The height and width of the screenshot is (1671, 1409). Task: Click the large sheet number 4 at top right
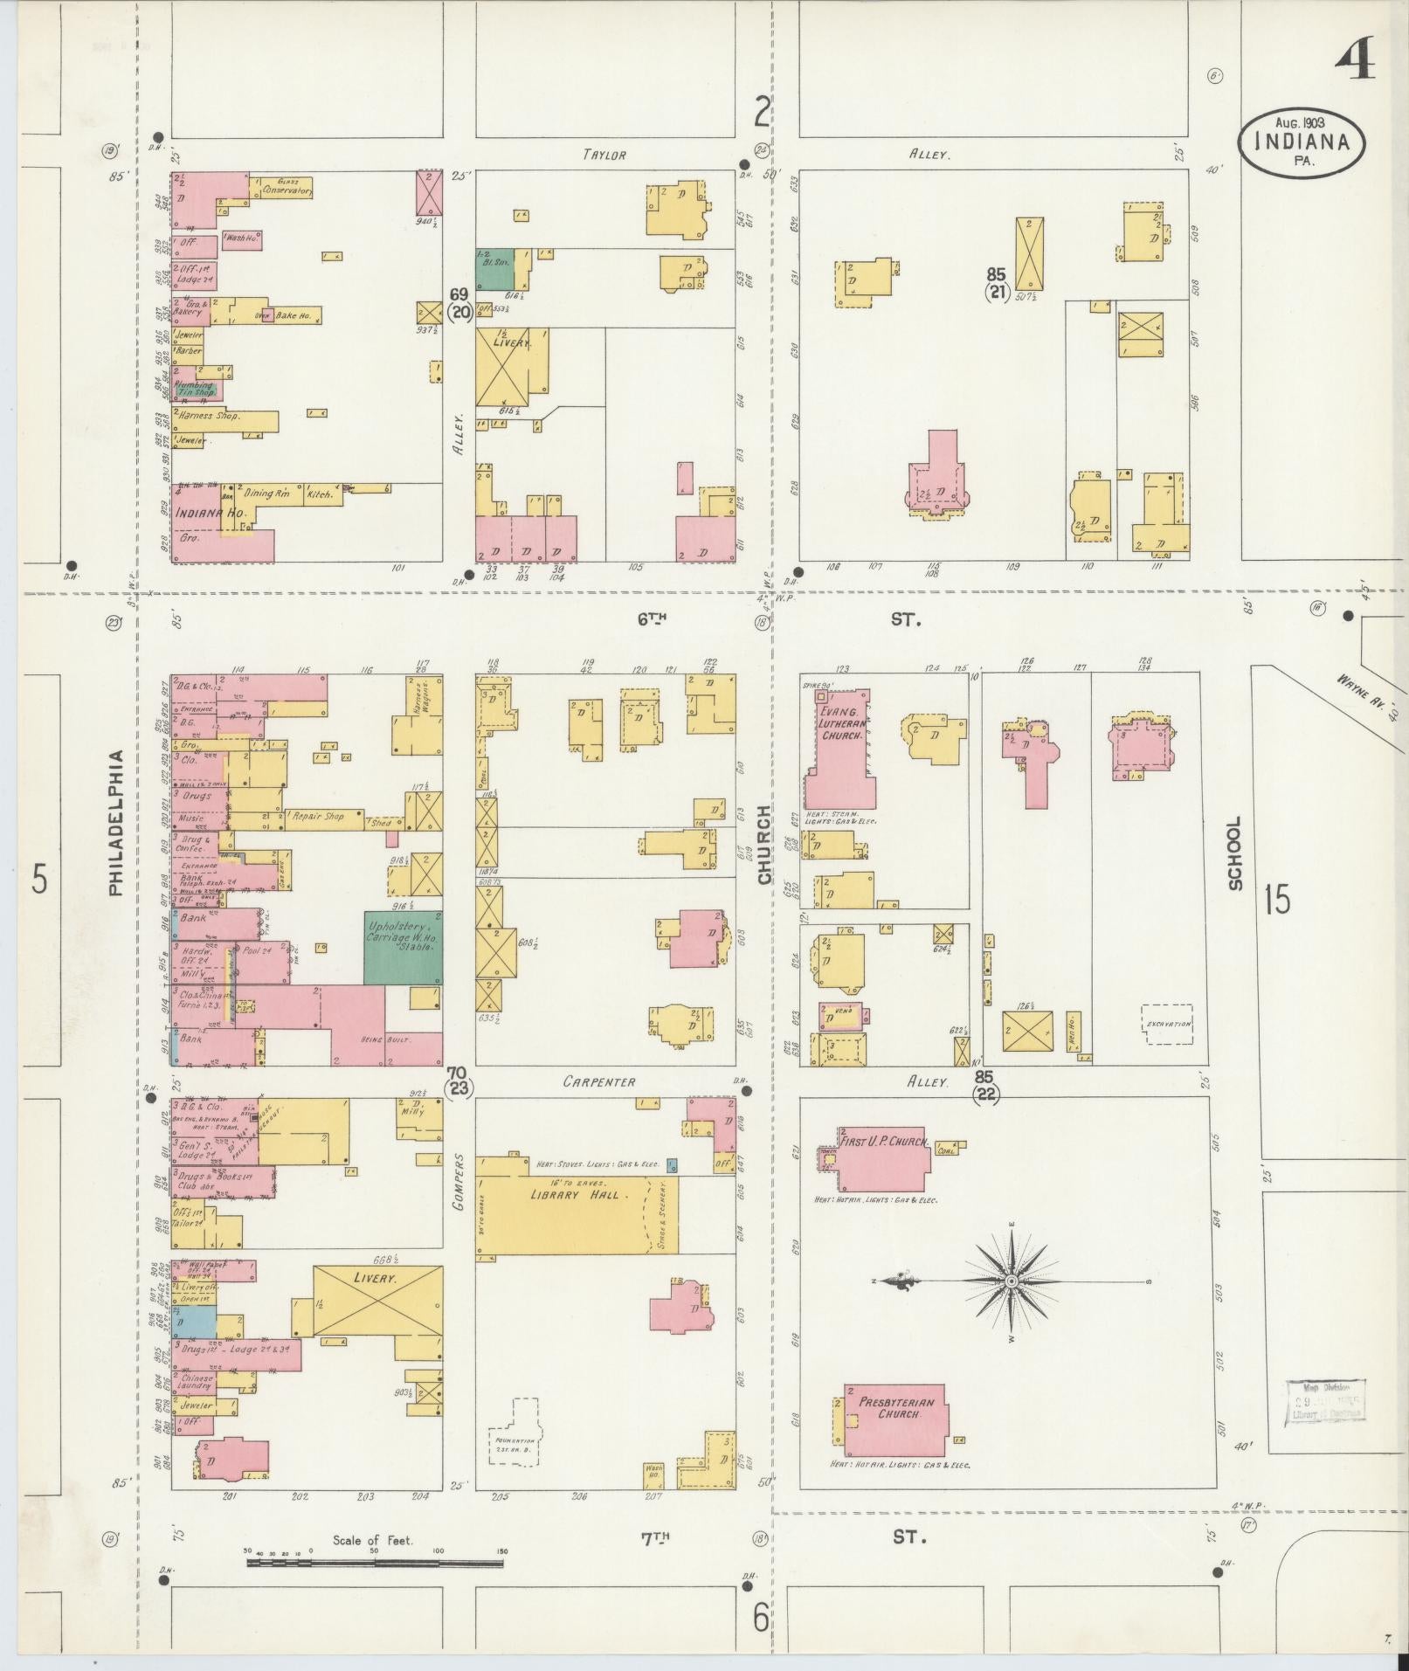(x=1354, y=59)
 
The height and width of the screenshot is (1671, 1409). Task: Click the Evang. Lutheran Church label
(x=841, y=724)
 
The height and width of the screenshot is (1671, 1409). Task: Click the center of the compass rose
(x=1012, y=1281)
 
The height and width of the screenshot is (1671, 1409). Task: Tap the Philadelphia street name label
(x=116, y=823)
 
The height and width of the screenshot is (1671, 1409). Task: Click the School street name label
(x=1234, y=853)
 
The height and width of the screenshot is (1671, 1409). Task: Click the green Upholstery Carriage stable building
(x=403, y=948)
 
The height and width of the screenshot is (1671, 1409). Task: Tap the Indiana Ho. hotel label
(x=210, y=514)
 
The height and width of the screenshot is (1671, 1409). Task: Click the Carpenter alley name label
(x=598, y=1081)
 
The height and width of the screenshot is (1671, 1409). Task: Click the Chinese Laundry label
(x=196, y=1381)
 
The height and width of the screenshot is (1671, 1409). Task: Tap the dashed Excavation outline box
(x=1167, y=1024)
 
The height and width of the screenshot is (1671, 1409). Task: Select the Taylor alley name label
(x=604, y=155)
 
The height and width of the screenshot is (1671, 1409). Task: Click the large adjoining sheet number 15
(x=1276, y=900)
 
